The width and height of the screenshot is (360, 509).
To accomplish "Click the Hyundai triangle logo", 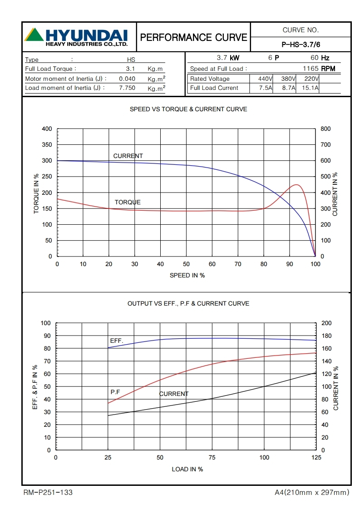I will click(x=35, y=35).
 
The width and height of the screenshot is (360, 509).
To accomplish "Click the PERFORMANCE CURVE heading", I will click(x=194, y=37).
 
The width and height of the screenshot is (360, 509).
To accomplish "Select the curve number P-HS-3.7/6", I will click(x=301, y=44).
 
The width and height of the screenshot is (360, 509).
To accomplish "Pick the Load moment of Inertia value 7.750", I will click(x=127, y=88).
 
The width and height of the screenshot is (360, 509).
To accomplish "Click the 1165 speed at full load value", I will click(x=311, y=69).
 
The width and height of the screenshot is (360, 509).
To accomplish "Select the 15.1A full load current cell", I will click(x=311, y=88).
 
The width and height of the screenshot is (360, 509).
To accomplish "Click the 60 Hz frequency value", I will click(x=314, y=58).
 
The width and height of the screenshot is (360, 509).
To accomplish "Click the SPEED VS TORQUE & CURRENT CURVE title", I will click(x=188, y=109).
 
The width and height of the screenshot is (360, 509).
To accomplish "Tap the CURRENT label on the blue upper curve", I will click(x=128, y=156).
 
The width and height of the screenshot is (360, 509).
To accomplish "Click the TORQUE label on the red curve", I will click(x=128, y=202).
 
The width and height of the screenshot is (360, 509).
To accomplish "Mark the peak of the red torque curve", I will click(x=296, y=185).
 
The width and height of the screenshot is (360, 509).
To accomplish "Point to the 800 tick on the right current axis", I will click(x=326, y=129).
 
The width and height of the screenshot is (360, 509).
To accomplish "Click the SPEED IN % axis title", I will click(x=187, y=275).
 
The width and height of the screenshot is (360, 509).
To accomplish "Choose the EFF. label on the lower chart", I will click(x=117, y=341).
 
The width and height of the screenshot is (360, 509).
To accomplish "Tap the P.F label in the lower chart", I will click(x=115, y=391).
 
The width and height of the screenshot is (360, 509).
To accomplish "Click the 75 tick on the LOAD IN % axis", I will click(x=212, y=458).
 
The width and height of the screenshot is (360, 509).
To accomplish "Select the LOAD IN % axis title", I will click(x=187, y=469).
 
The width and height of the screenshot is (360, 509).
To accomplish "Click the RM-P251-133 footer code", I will click(x=48, y=492).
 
